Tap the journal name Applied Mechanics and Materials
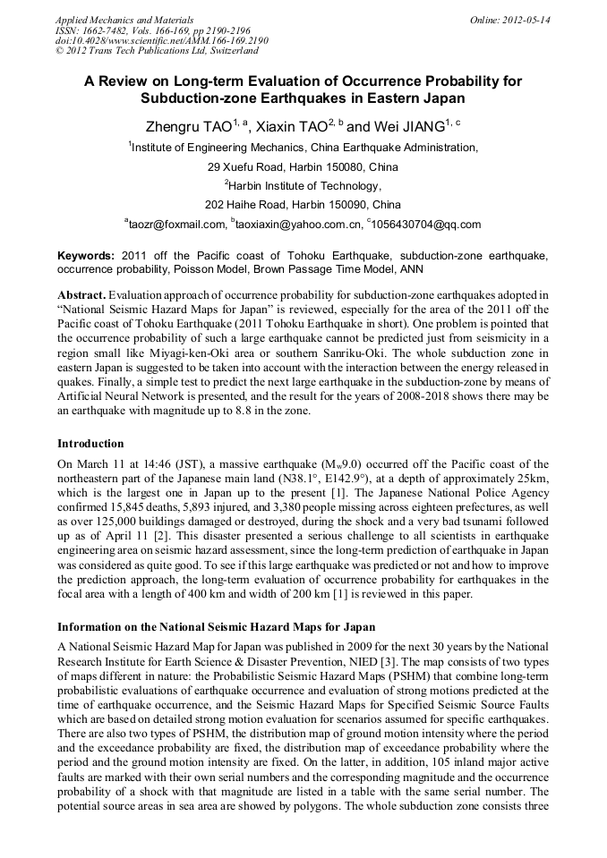pyautogui.click(x=124, y=19)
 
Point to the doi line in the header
pyautogui.click(x=161, y=40)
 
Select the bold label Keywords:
pyautogui.click(x=86, y=255)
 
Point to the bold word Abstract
pyautogui.click(x=82, y=294)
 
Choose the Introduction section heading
pyautogui.click(x=90, y=443)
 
